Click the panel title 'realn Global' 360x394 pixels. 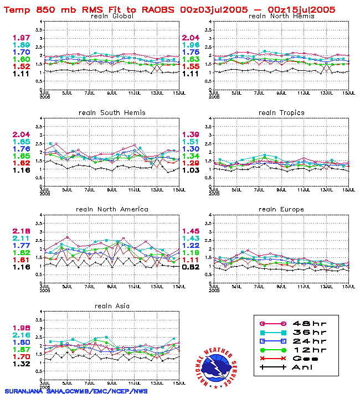111,16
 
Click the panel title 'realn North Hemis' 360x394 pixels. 281,16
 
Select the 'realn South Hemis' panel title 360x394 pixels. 111,112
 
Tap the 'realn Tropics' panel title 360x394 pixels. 281,112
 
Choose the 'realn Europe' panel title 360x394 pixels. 281,209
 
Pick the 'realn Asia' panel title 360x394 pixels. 111,305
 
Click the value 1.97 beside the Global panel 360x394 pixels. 22,38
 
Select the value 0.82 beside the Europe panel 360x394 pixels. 192,267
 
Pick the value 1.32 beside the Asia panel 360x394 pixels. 22,364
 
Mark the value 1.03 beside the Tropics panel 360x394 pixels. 192,170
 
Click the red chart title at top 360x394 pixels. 169,9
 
